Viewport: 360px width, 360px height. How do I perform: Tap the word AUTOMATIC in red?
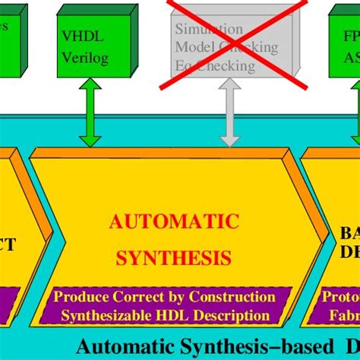point(174,222)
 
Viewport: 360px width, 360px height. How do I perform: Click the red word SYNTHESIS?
point(174,257)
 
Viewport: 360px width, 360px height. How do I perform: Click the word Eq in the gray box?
point(183,66)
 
